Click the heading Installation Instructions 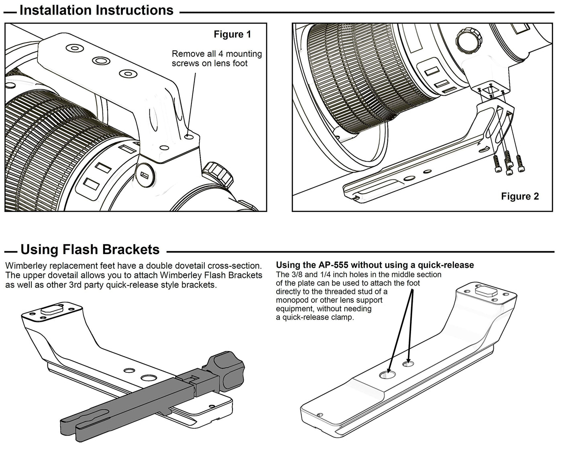[x=96, y=10]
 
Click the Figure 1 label [x=232, y=35]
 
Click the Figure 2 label [x=520, y=196]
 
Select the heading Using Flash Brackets [x=90, y=250]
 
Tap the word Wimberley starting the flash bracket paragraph [x=25, y=266]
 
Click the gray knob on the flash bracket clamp [x=227, y=369]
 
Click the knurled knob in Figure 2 [x=468, y=40]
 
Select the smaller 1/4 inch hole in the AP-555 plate [x=409, y=364]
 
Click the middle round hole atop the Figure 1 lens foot [x=101, y=61]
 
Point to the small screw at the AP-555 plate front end [x=320, y=414]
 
